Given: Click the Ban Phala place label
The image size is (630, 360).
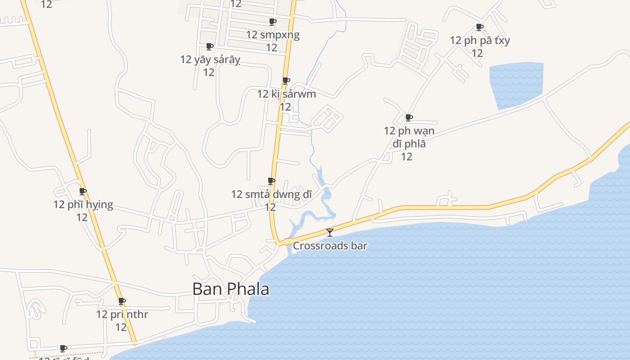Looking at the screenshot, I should [231, 289].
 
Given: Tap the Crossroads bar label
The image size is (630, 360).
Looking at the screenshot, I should [330, 246].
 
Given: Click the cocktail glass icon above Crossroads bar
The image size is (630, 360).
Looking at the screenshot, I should [330, 232].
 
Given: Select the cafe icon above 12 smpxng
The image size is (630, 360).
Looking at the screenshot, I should [272, 22].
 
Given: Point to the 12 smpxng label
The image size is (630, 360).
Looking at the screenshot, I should [273, 35].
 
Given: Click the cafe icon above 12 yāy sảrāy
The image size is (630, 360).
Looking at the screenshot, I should [209, 46].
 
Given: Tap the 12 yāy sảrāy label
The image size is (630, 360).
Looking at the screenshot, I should [210, 59].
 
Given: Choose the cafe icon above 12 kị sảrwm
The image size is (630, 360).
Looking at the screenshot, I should [286, 81].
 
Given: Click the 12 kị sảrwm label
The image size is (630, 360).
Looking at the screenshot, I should [286, 94].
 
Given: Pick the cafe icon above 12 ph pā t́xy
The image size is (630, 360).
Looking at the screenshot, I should [480, 27].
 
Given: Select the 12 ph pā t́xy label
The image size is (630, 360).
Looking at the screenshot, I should [480, 40].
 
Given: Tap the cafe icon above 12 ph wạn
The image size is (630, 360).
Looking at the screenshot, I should [409, 117].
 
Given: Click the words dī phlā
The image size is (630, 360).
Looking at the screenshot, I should [409, 144].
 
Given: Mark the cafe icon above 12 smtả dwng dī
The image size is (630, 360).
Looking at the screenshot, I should [271, 181].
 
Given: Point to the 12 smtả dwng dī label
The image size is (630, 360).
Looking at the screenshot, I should [271, 194].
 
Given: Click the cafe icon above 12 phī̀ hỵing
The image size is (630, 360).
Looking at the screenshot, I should [83, 191].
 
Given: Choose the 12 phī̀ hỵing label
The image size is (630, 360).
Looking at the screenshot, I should [83, 205].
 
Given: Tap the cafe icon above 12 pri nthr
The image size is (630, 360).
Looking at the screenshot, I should [121, 301].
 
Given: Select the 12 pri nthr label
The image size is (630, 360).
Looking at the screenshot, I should [122, 314].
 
